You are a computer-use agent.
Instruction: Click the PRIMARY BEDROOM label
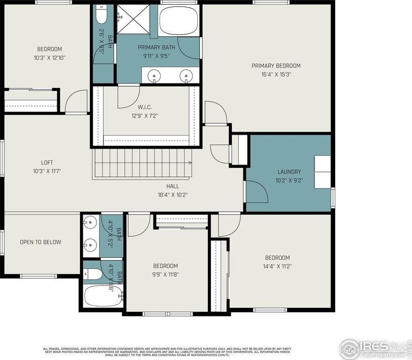coord(276,66)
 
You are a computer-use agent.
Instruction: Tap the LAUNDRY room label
coord(289,172)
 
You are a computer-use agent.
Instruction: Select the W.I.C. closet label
coord(145,107)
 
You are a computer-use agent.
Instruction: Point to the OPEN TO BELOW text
coord(40,242)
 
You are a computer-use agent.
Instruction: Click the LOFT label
coord(47,163)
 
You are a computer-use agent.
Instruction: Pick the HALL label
coord(173,186)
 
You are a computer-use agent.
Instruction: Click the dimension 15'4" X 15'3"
coord(276,74)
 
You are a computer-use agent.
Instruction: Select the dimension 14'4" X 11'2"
coord(277,266)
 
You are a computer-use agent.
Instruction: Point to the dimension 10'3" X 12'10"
coord(50,57)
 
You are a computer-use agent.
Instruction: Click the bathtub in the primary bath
coord(179,21)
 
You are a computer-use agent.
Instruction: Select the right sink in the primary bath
coord(186,75)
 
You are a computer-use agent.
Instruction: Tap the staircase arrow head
coord(190,163)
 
